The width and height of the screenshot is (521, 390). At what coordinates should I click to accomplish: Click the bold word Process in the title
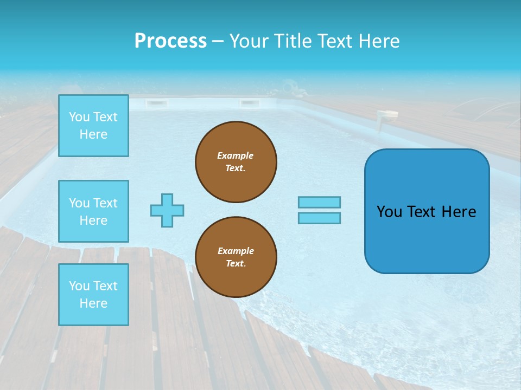[x=170, y=41]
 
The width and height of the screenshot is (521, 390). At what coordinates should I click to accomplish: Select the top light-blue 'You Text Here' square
[x=93, y=126]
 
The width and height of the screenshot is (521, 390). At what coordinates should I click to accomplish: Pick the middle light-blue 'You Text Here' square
[x=93, y=211]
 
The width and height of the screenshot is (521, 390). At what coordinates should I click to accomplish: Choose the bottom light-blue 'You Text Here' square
[x=93, y=295]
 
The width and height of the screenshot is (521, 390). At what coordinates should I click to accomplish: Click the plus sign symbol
[x=167, y=210]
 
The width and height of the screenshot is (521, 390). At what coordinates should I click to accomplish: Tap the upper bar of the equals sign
[x=319, y=202]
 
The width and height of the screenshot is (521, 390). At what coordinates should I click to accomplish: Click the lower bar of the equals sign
[x=319, y=218]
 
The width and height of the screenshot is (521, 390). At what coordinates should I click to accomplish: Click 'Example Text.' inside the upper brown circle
[x=236, y=162]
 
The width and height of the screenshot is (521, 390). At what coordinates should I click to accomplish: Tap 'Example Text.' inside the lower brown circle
[x=236, y=257]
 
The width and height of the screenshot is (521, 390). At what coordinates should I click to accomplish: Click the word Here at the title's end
[x=378, y=41]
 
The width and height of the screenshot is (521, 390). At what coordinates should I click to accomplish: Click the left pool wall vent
[x=156, y=103]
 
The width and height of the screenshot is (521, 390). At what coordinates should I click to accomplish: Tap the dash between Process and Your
[x=218, y=41]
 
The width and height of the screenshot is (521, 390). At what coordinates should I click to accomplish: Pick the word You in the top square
[x=79, y=117]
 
